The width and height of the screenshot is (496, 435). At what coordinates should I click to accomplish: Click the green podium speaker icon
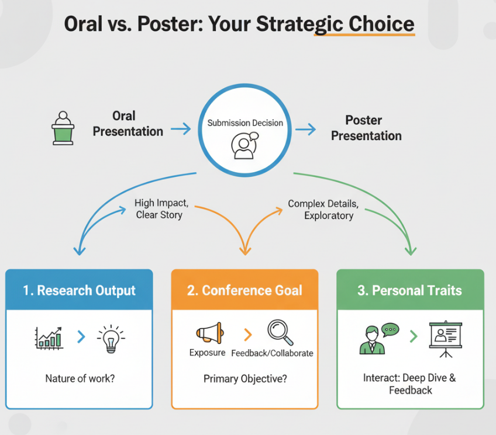63,128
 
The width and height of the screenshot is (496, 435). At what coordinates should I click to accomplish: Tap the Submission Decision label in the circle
245,123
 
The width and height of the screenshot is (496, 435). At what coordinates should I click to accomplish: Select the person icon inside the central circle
245,145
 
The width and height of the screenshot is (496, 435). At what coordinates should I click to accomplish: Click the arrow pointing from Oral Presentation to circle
181,129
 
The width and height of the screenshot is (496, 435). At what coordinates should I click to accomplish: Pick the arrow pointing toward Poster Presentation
305,129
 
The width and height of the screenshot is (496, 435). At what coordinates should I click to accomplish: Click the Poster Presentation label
366,128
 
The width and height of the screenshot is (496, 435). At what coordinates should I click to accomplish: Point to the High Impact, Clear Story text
161,208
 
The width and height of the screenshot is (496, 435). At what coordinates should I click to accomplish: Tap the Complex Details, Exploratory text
323,210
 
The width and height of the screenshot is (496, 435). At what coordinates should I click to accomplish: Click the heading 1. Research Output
79,290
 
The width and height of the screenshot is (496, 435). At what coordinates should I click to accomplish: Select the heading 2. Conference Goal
244,290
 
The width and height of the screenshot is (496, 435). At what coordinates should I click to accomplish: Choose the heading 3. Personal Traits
409,290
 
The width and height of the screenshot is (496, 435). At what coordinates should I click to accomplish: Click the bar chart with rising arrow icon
49,338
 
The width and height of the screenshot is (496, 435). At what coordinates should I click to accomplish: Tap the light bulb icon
111,339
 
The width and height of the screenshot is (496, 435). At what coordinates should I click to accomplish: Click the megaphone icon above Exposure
210,333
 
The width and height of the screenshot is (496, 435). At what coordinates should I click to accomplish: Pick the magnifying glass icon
280,333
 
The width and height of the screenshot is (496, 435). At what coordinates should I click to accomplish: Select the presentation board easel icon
446,339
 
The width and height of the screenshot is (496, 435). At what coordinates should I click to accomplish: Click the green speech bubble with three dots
390,329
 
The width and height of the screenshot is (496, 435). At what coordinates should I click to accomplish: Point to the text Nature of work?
80,378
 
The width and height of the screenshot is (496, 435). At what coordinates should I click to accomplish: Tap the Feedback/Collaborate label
273,353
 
